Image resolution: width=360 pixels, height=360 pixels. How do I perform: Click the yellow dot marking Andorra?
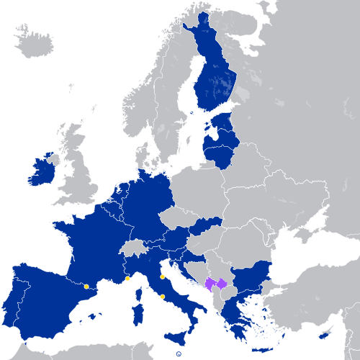point(86,287)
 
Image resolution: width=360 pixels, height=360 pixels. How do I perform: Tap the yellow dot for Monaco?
point(127,279)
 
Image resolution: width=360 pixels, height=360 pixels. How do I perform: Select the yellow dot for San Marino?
point(163,276)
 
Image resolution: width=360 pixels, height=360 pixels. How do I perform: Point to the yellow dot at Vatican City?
point(163,296)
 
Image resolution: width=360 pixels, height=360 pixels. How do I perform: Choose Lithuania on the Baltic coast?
point(220,153)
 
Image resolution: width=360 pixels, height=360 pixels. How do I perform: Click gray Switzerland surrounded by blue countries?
point(134,248)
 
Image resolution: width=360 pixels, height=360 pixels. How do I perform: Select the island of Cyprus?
point(325,336)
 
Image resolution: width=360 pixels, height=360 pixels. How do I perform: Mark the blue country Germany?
point(148,205)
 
